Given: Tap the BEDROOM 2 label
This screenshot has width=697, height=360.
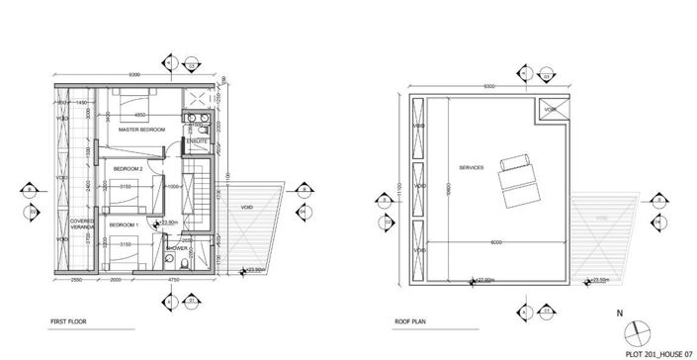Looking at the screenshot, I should coord(129,169).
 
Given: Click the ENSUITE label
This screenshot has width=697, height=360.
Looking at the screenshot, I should coord(194,139).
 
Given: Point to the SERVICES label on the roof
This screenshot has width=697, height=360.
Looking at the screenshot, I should coord(472,168).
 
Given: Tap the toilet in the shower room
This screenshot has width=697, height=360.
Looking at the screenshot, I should coord(170,261).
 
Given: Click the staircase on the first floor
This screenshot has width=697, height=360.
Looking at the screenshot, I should coord(205,203).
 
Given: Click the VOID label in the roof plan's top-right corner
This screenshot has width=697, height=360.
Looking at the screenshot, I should coord(551,109).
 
